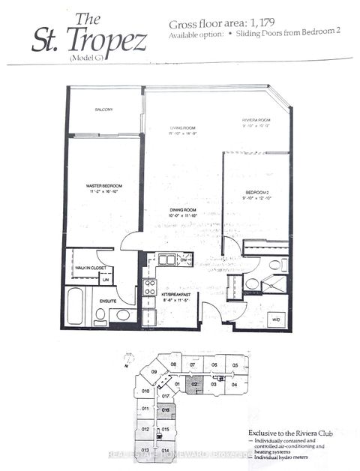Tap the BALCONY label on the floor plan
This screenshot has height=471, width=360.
point(104,110)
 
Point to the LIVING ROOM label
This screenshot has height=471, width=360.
point(182,130)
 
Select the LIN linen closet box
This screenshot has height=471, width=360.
point(106,278)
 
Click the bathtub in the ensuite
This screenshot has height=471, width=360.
point(75,306)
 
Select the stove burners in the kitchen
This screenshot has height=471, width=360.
point(150,288)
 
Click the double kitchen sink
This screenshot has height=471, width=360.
point(166,259)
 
